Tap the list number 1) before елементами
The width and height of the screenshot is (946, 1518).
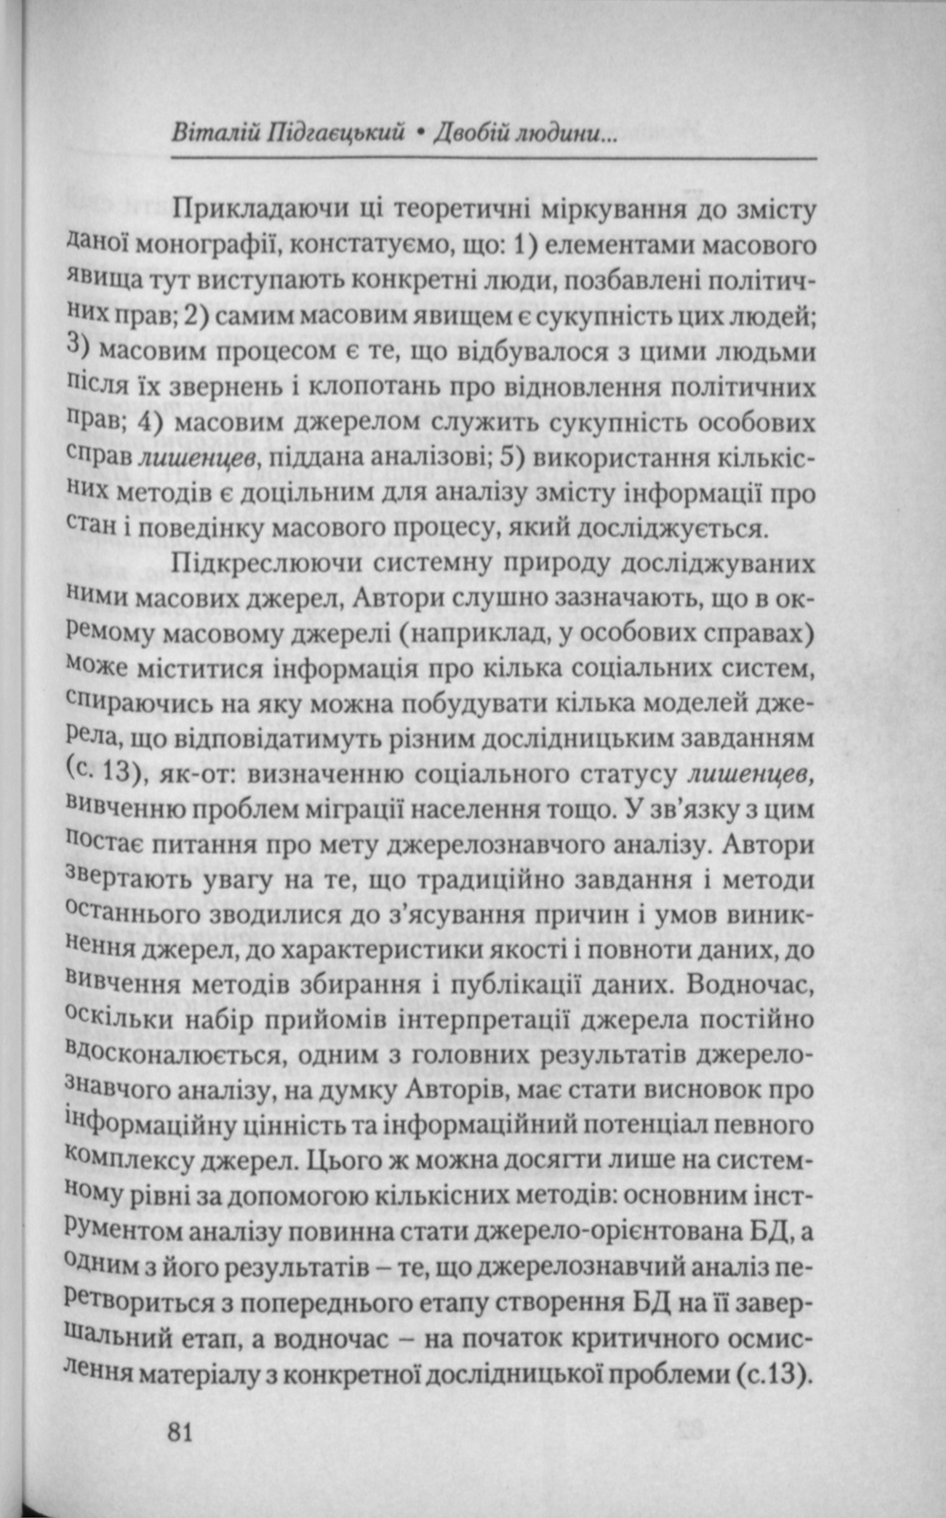524,244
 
